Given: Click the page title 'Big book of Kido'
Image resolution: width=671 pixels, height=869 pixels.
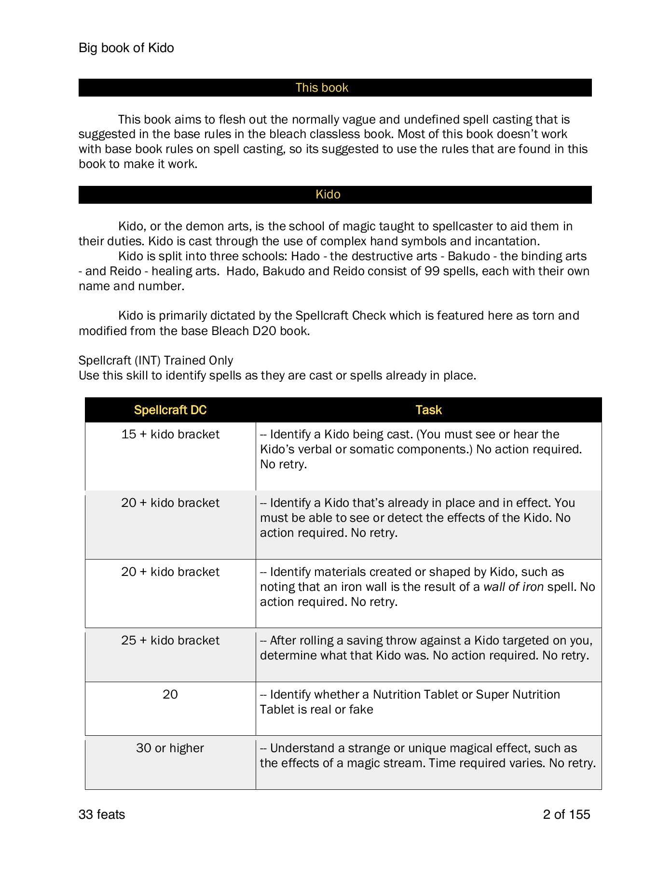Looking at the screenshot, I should (126, 48).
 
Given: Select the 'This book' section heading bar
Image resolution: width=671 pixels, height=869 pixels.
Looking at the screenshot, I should (322, 88).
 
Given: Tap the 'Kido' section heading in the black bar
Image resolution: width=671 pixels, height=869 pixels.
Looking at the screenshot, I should (328, 195).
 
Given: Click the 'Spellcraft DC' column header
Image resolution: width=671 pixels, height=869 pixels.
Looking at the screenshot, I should (170, 410).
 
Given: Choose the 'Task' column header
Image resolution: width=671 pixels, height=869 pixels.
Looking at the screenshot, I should (428, 410).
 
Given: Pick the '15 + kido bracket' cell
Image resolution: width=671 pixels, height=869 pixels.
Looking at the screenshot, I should (170, 434).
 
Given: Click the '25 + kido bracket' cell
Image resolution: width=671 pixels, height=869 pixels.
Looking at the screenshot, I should (170, 641).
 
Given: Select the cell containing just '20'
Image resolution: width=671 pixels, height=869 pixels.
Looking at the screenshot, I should (170, 695).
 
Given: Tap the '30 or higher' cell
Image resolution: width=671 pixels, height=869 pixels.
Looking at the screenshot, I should (170, 748).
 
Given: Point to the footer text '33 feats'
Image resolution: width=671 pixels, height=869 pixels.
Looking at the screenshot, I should (102, 815).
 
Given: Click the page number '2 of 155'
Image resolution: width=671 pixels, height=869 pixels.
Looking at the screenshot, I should (566, 815).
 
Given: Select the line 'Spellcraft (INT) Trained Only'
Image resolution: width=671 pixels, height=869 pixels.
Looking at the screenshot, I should (156, 361).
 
